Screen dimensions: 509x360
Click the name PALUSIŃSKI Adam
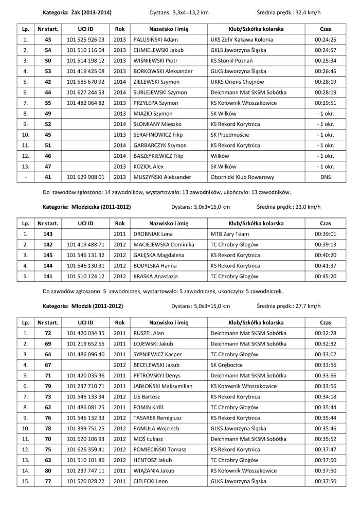(x=155, y=39)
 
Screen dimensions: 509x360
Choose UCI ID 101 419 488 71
(x=86, y=245)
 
